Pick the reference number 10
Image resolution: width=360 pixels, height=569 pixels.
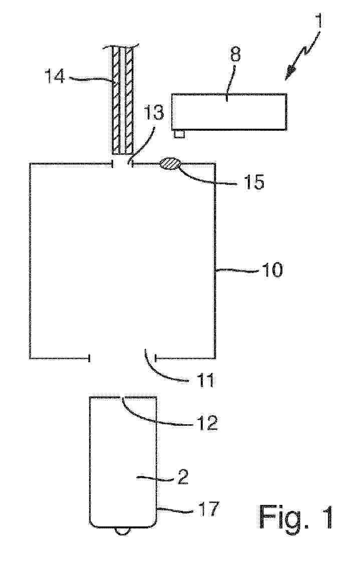[272, 270]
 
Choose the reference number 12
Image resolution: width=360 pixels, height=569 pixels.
[207, 423]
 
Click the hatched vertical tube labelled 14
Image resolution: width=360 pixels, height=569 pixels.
[122, 100]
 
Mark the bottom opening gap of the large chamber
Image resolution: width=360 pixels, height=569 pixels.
[123, 358]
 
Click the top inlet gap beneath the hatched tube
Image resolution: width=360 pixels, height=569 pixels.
[123, 163]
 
